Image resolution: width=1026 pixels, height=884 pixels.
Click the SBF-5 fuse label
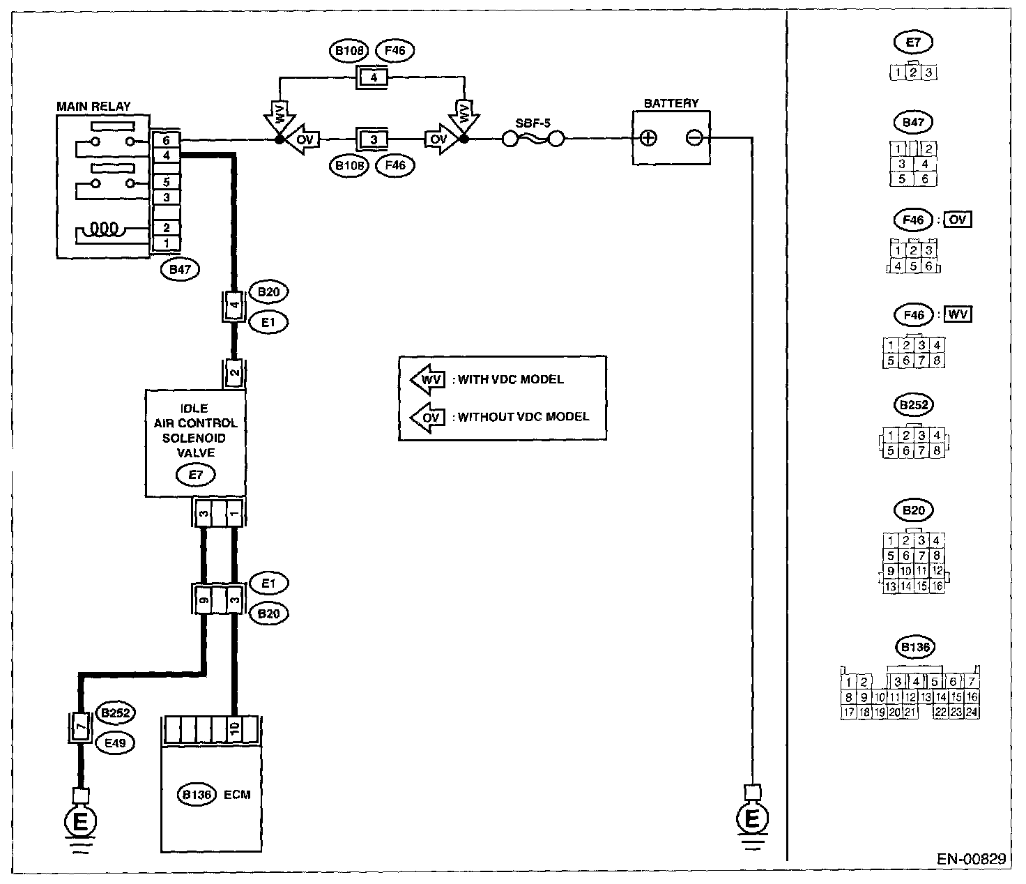[x=533, y=123]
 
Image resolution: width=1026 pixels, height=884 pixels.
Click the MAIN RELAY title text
[x=93, y=106]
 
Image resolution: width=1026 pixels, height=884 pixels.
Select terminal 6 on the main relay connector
[x=167, y=140]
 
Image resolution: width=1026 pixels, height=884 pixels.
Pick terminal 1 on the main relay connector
[x=167, y=243]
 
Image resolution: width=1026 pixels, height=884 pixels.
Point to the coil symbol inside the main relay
[x=105, y=229]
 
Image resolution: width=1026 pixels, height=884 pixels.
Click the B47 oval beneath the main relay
[x=181, y=269]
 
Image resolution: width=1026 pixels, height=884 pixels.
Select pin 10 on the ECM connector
[x=235, y=729]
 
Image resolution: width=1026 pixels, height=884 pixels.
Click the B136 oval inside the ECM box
[x=197, y=794]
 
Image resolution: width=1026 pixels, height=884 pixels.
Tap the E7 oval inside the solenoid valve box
[x=196, y=474]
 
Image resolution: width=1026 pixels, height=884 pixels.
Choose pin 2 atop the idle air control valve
[x=234, y=373]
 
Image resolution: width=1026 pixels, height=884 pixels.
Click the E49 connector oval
[x=115, y=743]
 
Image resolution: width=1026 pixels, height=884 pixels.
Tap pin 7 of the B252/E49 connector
[x=80, y=728]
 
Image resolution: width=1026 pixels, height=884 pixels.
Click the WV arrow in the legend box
[x=427, y=380]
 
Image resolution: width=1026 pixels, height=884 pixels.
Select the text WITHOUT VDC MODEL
[x=523, y=416]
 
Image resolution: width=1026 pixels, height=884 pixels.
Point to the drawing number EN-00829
[x=971, y=859]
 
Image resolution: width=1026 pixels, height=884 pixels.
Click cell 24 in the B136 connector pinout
[x=972, y=712]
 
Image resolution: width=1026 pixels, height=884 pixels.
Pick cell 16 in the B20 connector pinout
[x=937, y=586]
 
